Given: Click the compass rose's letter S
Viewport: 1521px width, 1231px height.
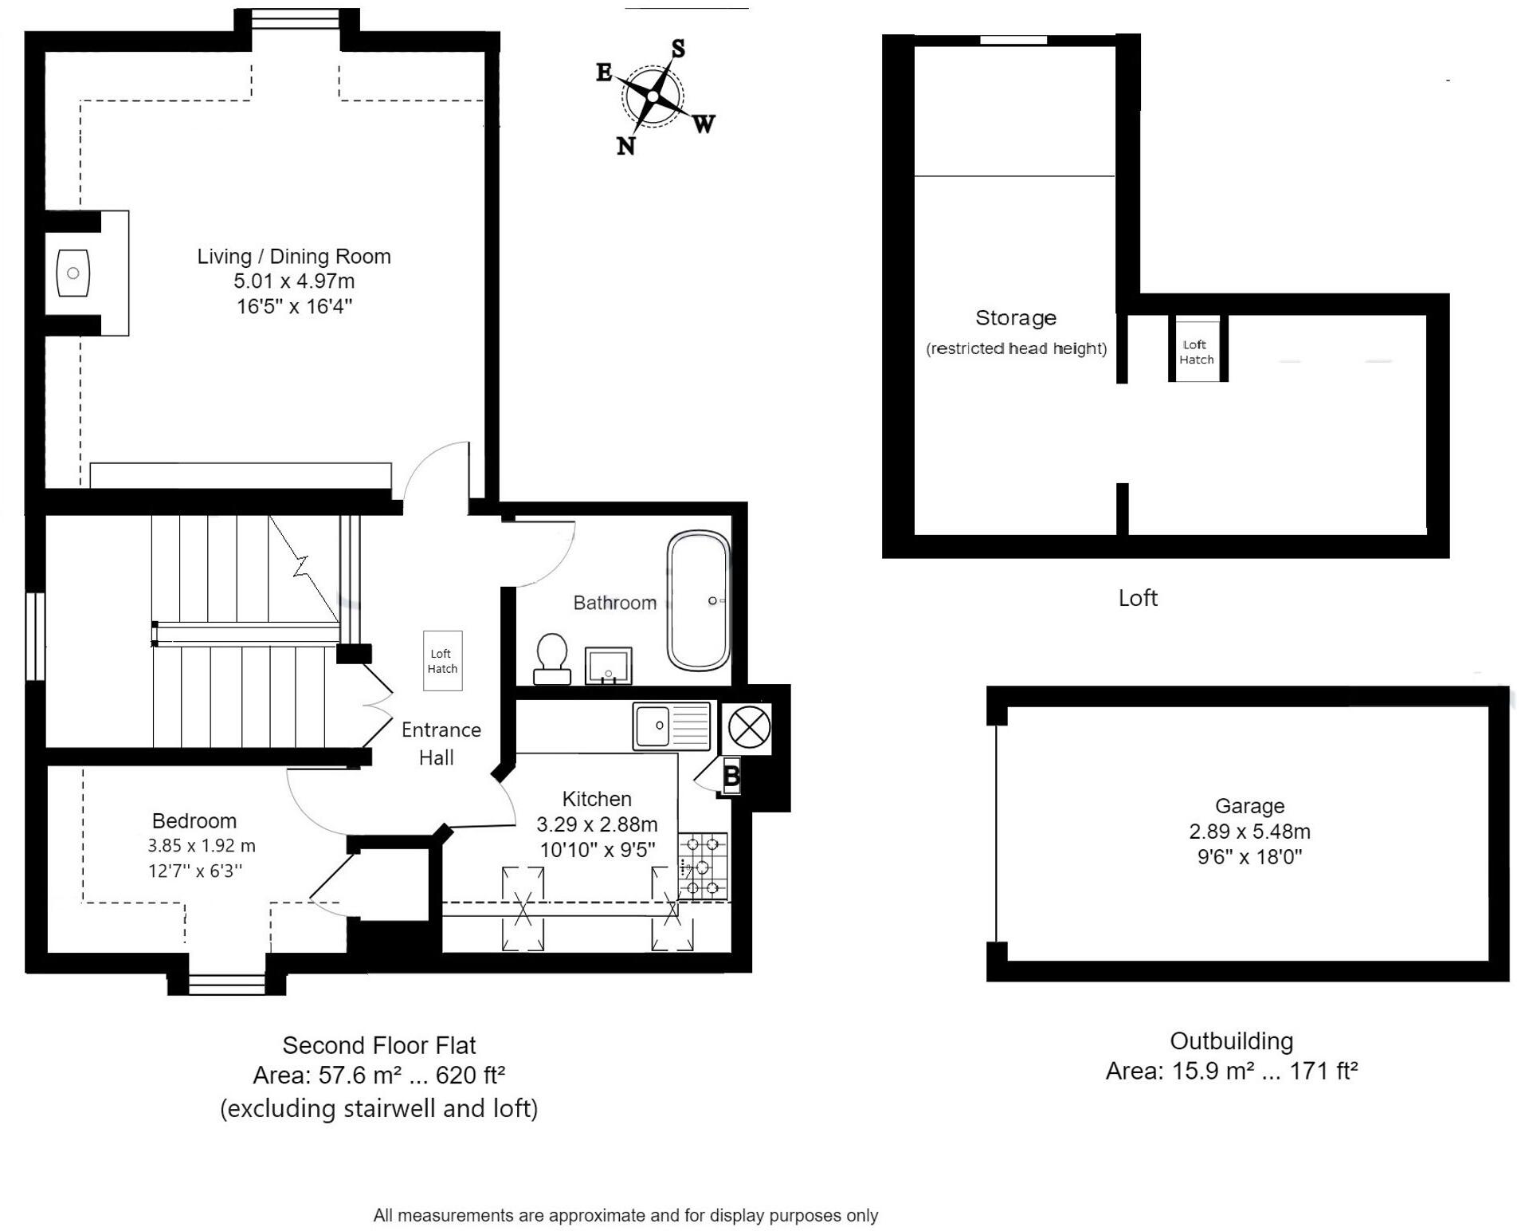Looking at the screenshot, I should coord(677,49).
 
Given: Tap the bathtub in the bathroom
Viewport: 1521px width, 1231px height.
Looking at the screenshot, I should coord(698,600).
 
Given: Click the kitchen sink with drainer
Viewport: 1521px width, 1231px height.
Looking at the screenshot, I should coord(671,726).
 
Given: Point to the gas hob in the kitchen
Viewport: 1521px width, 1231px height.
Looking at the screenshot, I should coord(703,867).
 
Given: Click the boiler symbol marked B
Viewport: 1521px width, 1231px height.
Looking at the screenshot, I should coord(731,776).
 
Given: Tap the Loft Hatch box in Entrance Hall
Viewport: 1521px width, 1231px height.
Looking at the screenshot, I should coord(442,661).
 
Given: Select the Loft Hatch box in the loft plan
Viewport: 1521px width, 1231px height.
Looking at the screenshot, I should coord(1197,352).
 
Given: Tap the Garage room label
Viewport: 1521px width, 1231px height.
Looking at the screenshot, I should coord(1249,806).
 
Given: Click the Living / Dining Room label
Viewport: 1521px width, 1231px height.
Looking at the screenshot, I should coord(294,256).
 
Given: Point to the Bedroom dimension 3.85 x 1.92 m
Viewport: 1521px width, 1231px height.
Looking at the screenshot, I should coord(202,846).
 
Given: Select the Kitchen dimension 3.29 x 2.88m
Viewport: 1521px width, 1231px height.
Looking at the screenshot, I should coord(597,824).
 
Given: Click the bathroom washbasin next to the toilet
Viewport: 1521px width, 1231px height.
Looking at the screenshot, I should coord(608,666).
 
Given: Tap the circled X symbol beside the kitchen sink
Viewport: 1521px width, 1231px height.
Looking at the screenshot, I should coord(749,726).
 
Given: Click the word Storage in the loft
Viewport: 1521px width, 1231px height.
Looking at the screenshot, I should coord(1015,317).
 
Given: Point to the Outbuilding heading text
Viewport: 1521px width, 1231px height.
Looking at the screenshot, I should coord(1231,1040).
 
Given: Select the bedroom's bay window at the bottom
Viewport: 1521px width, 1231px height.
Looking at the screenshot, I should coord(226,985).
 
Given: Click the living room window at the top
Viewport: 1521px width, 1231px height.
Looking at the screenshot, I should coord(295,18).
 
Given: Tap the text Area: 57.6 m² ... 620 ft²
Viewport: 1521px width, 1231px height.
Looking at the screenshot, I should coord(379,1076).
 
